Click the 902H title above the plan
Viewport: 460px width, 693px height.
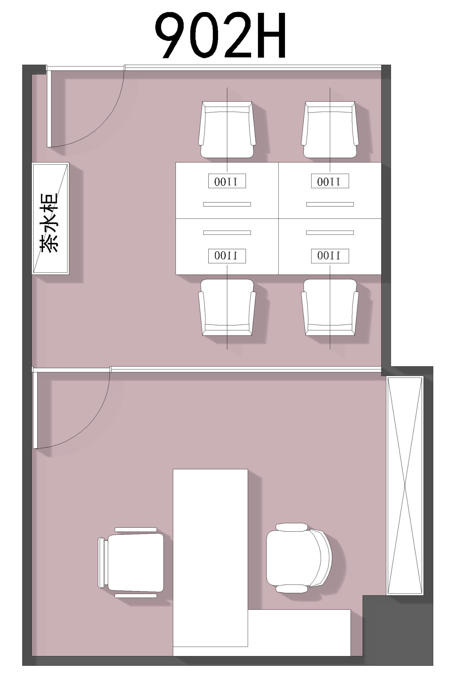coord(220,35)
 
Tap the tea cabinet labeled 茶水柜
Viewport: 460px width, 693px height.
coord(50,219)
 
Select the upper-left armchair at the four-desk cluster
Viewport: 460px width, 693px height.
coord(227,130)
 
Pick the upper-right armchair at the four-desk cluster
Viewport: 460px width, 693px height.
coord(330,130)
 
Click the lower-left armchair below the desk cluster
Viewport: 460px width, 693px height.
coord(227,307)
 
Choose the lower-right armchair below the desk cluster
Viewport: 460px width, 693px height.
coord(330,307)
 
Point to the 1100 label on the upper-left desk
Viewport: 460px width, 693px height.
coord(227,181)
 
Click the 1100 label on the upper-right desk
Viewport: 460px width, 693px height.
coord(330,181)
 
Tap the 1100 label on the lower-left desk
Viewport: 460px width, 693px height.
coord(227,256)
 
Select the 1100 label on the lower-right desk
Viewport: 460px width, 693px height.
coord(330,256)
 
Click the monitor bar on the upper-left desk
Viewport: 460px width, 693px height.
coord(227,204)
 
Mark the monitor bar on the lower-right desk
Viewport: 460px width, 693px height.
coord(330,233)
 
